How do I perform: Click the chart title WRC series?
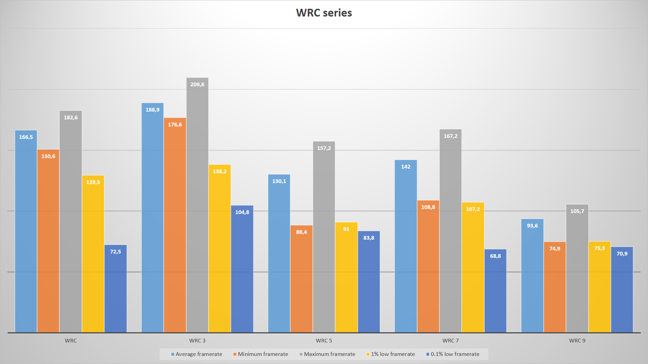pos(324,13)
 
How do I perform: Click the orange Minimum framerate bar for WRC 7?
pos(428,270)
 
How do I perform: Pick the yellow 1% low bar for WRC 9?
pos(599,290)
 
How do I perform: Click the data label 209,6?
pos(197,85)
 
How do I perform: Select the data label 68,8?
pos(495,256)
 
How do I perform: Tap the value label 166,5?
pos(26,137)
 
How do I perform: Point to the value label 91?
pos(346,229)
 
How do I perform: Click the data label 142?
pos(406,167)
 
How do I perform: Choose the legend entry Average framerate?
pos(196,354)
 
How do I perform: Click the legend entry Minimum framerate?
pos(261,354)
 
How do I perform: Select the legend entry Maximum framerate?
pos(327,354)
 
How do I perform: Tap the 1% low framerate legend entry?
pos(390,354)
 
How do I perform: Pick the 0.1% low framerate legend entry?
pos(453,354)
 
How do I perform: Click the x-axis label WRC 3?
pos(197,341)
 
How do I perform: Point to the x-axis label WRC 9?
pos(577,341)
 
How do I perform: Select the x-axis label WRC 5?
pos(324,341)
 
